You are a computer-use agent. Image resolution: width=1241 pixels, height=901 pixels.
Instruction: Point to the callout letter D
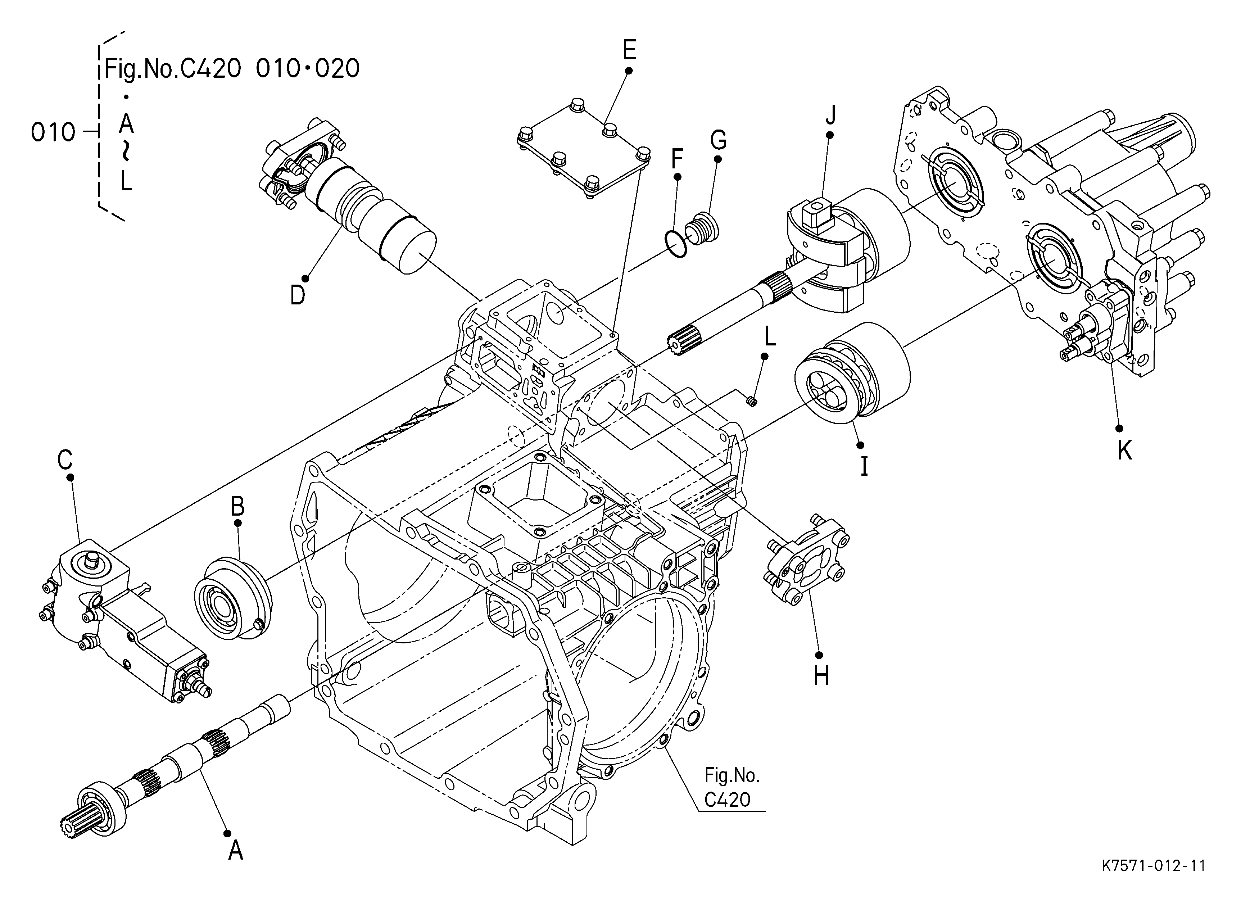[x=298, y=295]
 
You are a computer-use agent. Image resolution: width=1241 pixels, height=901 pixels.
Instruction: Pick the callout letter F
[x=678, y=159]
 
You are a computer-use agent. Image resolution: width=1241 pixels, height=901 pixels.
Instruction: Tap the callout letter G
[x=719, y=140]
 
